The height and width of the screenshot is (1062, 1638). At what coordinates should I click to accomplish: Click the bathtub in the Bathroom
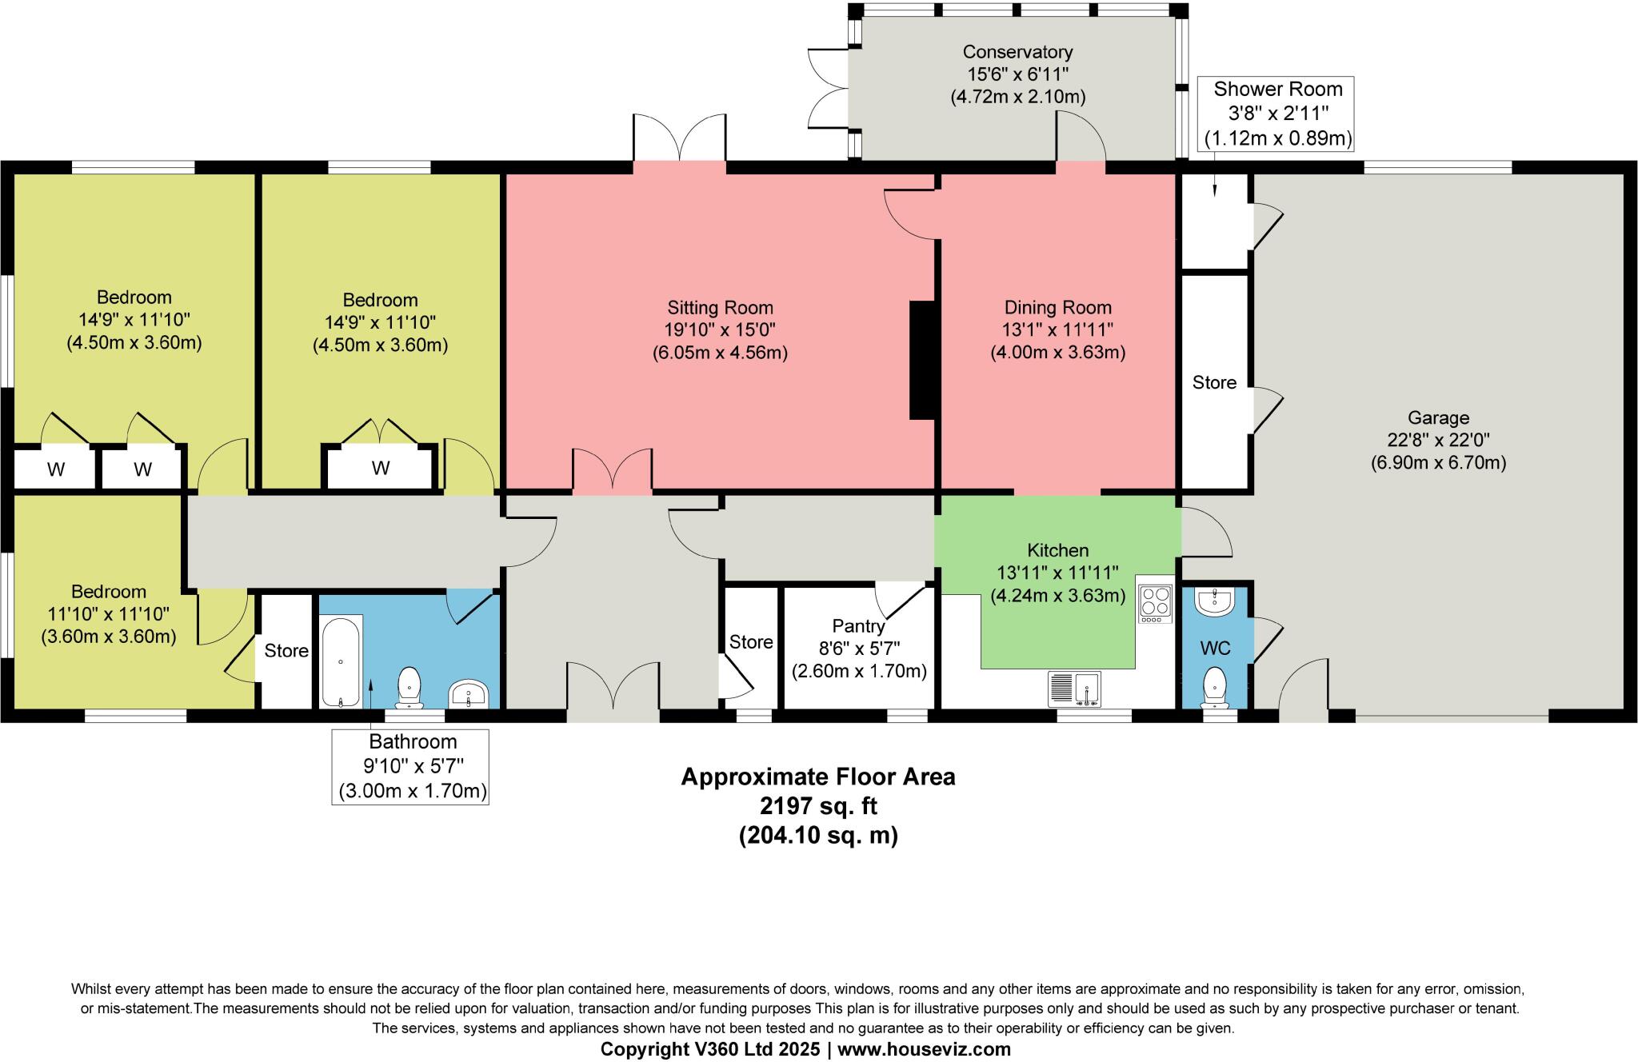(x=341, y=661)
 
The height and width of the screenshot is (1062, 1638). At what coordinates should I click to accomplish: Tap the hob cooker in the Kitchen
(x=1155, y=605)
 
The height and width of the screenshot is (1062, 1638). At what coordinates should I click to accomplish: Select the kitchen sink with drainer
(x=1074, y=689)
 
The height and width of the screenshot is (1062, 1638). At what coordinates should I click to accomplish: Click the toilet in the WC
(x=1215, y=686)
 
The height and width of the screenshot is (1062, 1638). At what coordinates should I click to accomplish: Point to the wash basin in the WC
(x=1215, y=603)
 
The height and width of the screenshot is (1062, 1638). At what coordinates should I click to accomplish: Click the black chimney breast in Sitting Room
(x=922, y=360)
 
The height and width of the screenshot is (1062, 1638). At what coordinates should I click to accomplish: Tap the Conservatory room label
(x=1017, y=53)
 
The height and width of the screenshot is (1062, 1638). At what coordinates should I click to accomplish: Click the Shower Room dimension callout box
(x=1278, y=114)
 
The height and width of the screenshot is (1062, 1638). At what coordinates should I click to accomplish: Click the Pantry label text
(x=858, y=626)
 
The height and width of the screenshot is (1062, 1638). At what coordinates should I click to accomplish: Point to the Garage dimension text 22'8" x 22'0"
(x=1438, y=440)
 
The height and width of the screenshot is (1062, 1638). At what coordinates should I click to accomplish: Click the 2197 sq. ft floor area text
(x=818, y=805)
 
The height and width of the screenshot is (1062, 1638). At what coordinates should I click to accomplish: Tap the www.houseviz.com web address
(x=924, y=1049)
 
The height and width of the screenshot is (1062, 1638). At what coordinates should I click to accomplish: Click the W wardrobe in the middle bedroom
(x=381, y=468)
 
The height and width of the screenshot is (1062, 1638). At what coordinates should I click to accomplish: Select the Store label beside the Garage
(x=1214, y=383)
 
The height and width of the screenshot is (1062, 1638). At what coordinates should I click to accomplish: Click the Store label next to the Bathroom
(x=286, y=651)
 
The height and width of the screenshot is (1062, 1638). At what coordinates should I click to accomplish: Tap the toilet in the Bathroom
(x=409, y=686)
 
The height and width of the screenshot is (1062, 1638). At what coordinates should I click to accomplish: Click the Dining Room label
(x=1057, y=308)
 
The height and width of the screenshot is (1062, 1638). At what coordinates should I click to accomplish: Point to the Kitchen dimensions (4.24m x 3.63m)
(x=1057, y=596)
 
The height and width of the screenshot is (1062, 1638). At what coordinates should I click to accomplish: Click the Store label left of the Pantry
(x=751, y=642)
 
